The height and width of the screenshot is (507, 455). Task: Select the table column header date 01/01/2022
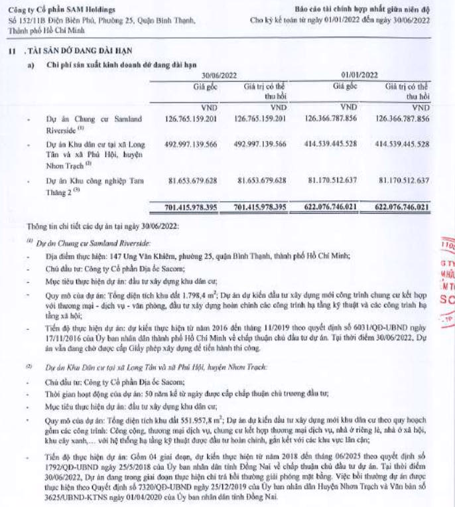pyautogui.click(x=358, y=76)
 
